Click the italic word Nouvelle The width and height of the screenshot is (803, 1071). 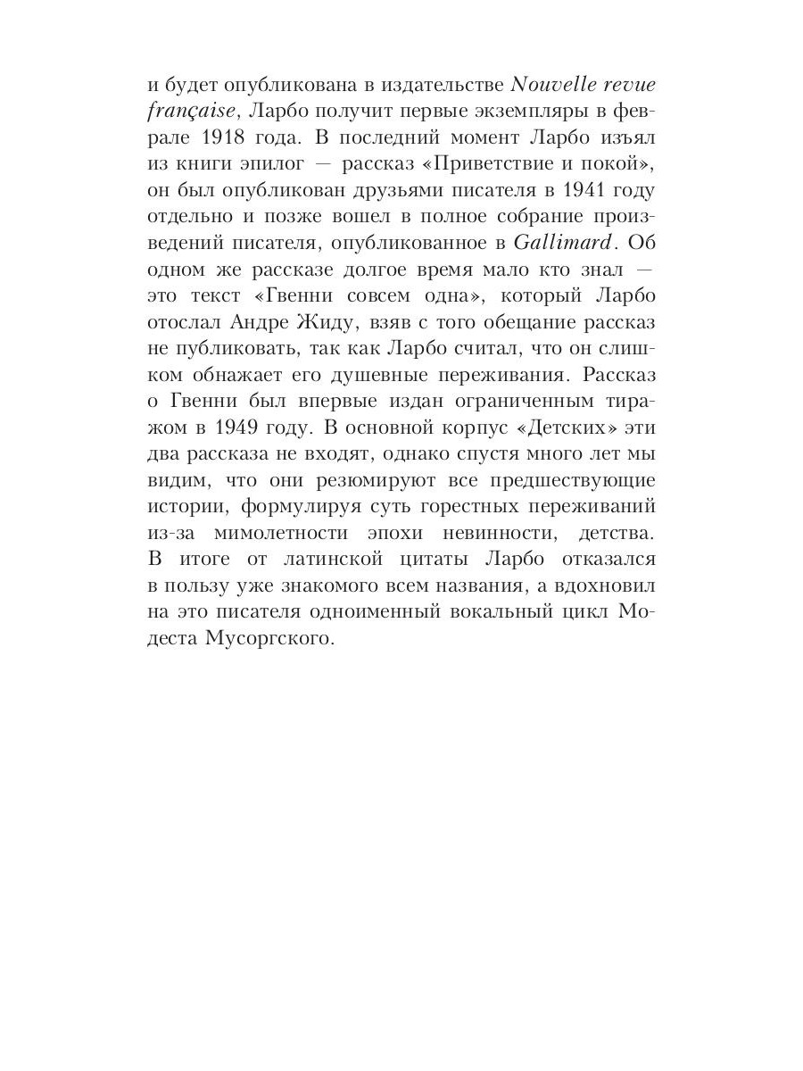pos(551,85)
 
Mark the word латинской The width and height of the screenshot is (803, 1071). pos(329,560)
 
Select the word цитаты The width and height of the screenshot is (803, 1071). pos(441,560)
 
